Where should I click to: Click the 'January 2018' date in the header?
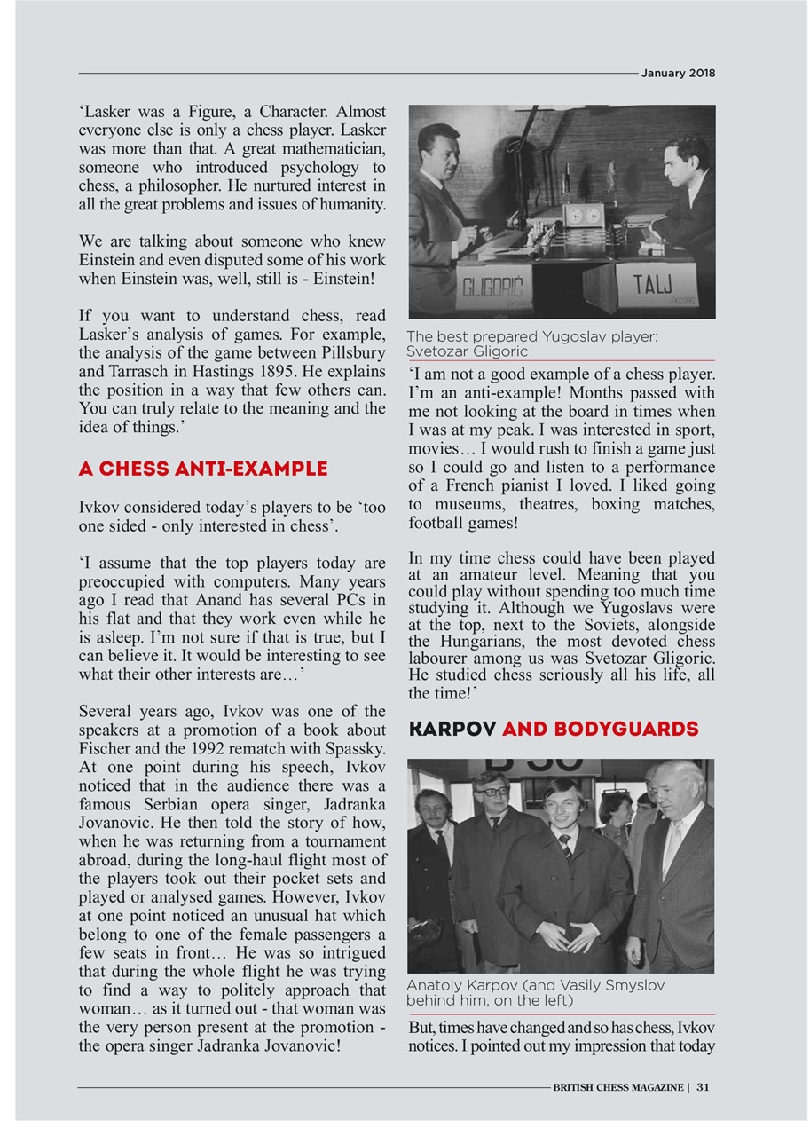678,73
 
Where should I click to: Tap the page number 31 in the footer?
703,1086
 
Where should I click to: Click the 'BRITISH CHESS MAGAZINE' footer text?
617,1086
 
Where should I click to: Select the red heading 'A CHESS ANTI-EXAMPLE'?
203,468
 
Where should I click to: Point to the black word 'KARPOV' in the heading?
452,729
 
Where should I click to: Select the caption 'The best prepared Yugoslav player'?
531,336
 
